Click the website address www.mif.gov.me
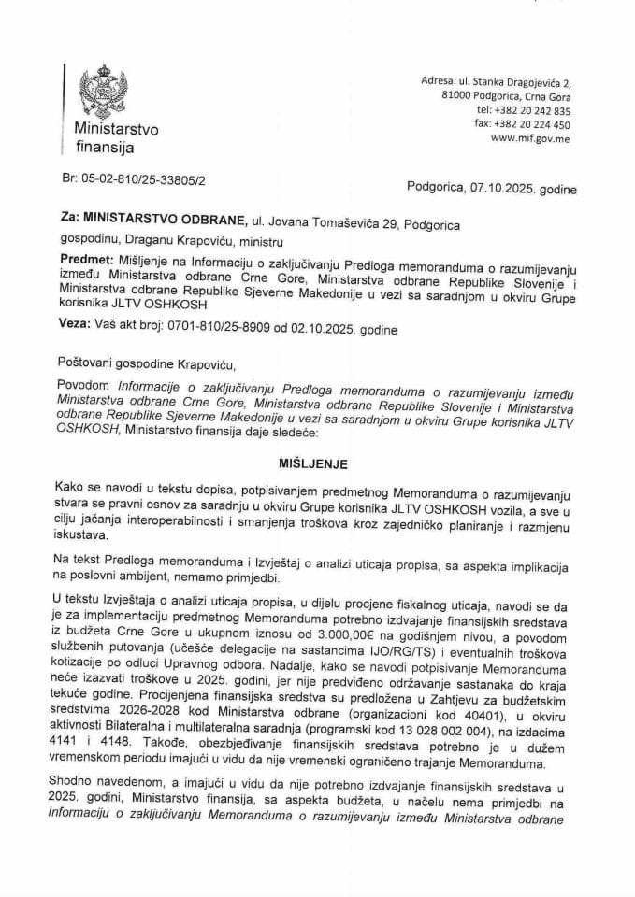tap(529, 137)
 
